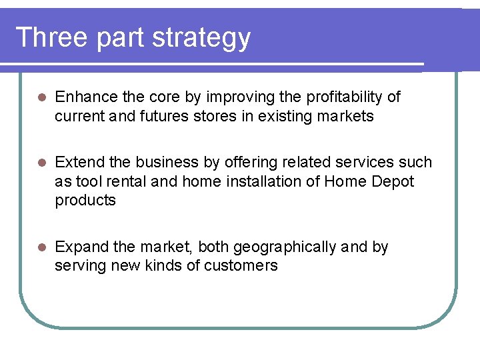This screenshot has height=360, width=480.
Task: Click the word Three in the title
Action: coord(51,37)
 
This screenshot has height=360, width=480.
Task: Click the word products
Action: coord(85,201)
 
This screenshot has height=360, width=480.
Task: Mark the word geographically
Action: coord(285,247)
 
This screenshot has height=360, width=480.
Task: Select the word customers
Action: coord(241,266)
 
